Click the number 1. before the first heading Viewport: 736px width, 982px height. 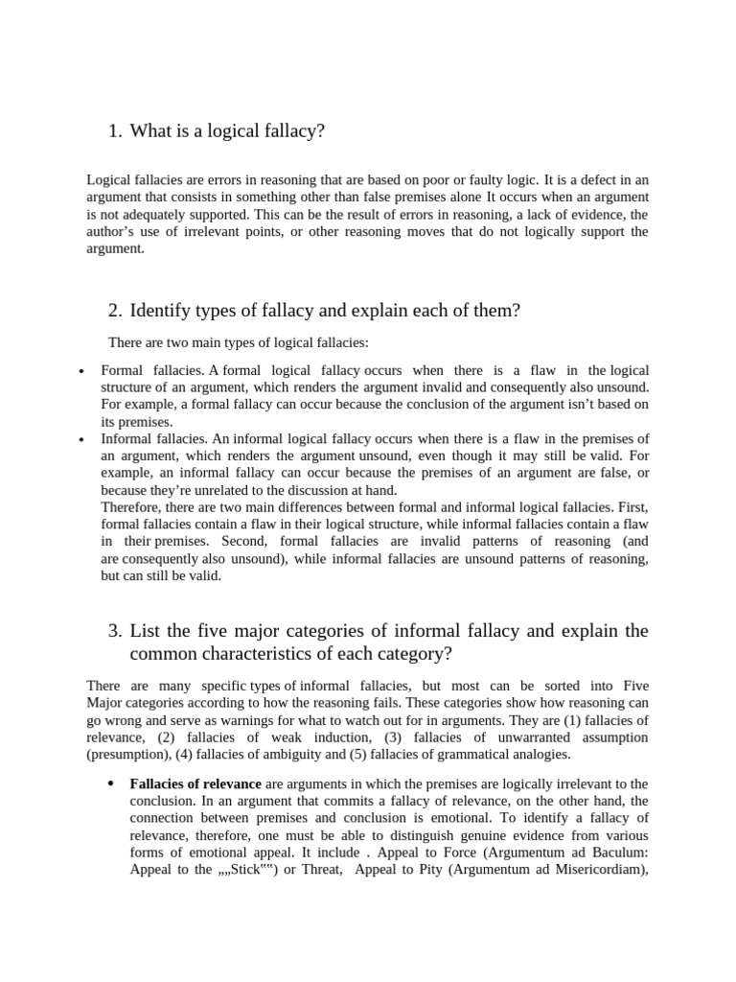pos(115,131)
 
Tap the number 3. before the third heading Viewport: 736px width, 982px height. pos(115,631)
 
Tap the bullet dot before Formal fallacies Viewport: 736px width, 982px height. pos(81,372)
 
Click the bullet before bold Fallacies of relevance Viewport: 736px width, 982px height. pos(111,783)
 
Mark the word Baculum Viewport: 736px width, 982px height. pos(614,853)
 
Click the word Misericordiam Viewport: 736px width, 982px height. pos(592,870)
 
